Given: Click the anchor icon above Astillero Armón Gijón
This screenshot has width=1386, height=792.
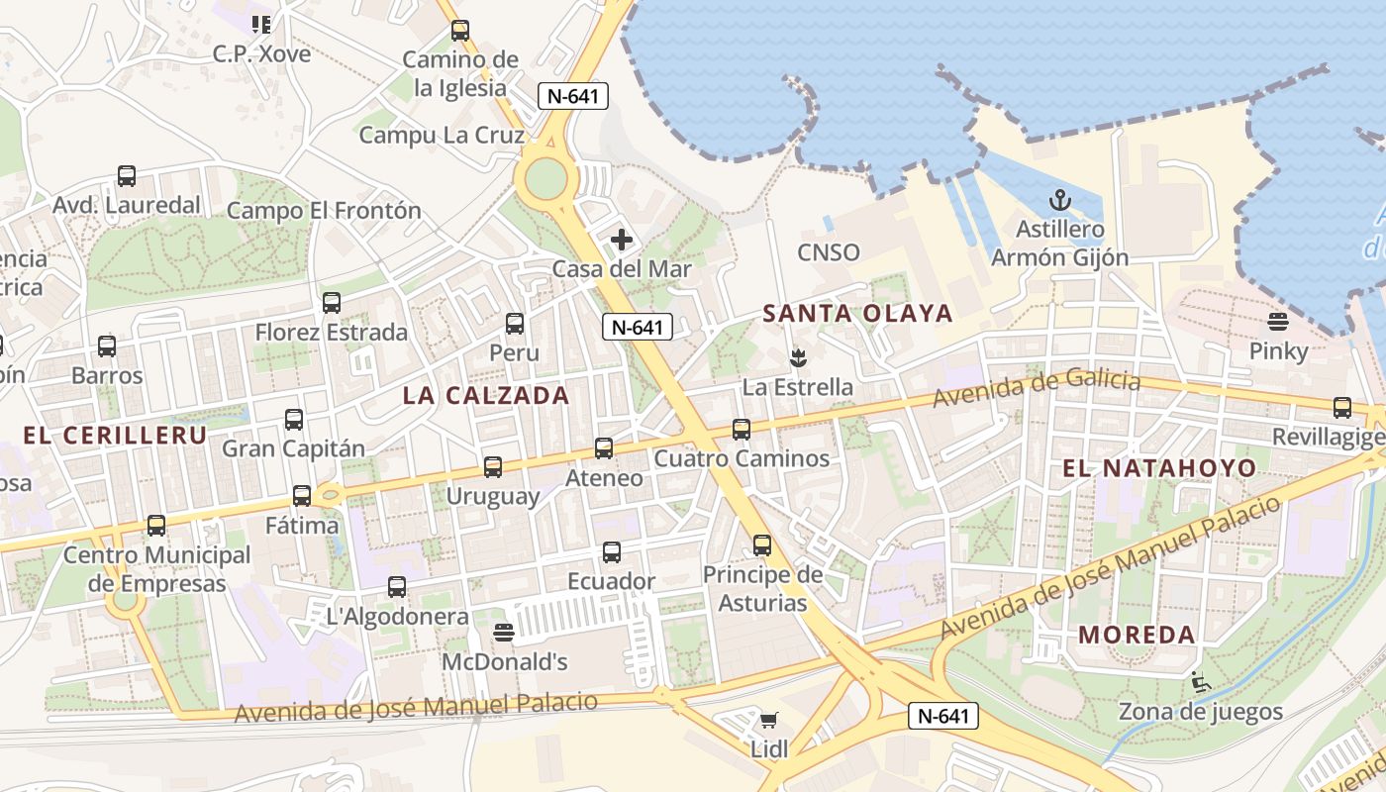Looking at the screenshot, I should [1059, 201].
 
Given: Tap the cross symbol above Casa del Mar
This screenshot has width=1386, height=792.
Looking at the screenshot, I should [622, 240].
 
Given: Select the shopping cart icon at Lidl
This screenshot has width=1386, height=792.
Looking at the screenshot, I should [769, 720].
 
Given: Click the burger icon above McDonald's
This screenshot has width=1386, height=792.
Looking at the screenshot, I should [504, 633].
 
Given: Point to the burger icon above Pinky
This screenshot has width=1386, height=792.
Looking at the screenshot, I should [1278, 322].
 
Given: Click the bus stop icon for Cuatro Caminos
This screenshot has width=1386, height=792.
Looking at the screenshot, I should [742, 430].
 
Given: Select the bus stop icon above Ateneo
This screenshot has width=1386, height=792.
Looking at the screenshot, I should [604, 448].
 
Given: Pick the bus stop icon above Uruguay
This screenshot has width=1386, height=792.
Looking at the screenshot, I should [492, 466].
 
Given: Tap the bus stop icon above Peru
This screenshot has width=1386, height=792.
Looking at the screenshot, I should [515, 324].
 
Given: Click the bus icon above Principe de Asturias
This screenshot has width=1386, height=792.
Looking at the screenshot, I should [761, 545].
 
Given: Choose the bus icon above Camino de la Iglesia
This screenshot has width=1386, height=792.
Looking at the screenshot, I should [460, 31].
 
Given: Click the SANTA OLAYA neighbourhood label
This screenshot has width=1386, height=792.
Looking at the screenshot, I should [857, 314].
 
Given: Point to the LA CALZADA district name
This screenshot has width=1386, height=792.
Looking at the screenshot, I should [486, 396].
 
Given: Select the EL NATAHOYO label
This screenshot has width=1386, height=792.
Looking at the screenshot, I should [1159, 468].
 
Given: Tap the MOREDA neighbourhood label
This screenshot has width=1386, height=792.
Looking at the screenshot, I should [1137, 635].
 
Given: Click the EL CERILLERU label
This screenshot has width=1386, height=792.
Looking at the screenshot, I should [115, 436].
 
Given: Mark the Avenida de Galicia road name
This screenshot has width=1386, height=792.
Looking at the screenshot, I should [1037, 388].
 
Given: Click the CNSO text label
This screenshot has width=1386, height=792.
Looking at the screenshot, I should [829, 252].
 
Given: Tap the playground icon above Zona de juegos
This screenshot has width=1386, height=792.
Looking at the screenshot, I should [1200, 682].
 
